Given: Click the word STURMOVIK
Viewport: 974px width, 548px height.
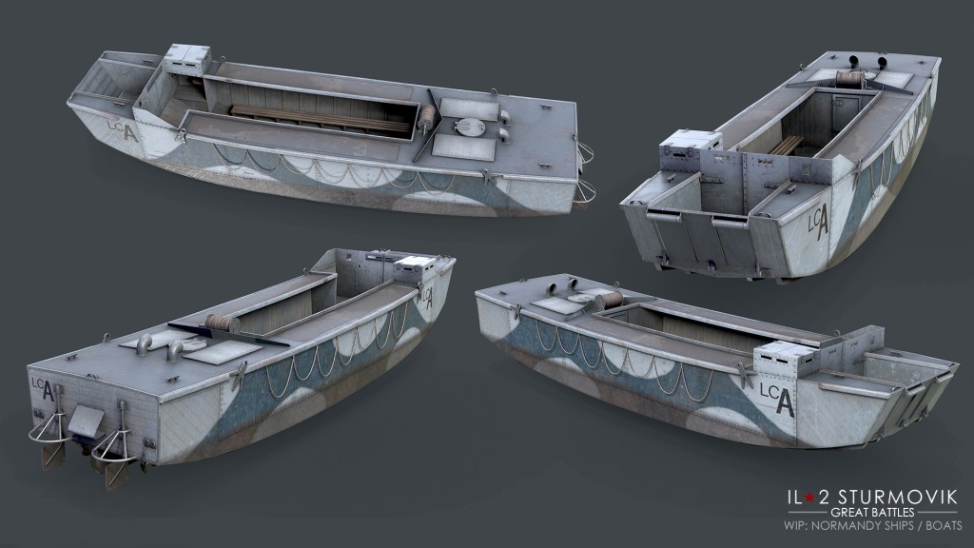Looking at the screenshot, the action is tap(898, 497).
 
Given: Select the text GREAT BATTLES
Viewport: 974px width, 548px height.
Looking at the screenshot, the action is tap(872, 513).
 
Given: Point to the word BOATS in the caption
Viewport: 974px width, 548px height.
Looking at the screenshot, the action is tap(945, 525).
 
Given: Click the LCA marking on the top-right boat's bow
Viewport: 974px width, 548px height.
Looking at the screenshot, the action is tap(819, 221).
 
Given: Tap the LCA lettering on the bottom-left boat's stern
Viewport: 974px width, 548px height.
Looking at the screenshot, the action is tap(43, 388).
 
